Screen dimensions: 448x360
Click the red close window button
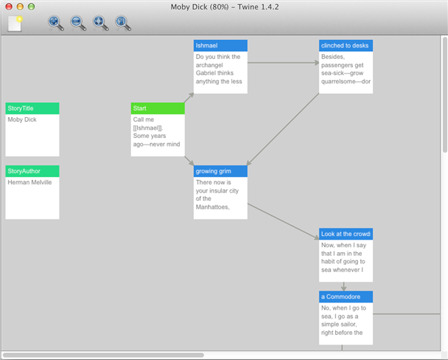[9, 6]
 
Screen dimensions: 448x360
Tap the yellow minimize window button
[20, 6]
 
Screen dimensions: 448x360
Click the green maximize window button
[31, 6]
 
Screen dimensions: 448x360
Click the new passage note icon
[15, 23]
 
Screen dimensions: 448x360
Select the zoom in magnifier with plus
[55, 23]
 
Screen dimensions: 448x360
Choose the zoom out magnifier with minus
[78, 23]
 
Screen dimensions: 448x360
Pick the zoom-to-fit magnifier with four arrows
[101, 23]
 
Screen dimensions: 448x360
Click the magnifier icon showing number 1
[123, 23]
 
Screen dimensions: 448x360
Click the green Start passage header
[157, 109]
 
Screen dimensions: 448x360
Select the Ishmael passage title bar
[220, 46]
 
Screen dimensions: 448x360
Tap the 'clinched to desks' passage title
[346, 46]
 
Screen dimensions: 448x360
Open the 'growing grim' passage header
[220, 172]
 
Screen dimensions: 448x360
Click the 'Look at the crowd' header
[346, 234]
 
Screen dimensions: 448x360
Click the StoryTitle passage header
[32, 109]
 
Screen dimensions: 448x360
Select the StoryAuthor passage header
[32, 172]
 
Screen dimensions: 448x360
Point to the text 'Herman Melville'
[29, 182]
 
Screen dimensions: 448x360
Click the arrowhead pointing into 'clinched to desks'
[317, 62]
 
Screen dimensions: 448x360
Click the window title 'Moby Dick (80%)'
[199, 7]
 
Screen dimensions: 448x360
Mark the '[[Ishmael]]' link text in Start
[148, 127]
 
